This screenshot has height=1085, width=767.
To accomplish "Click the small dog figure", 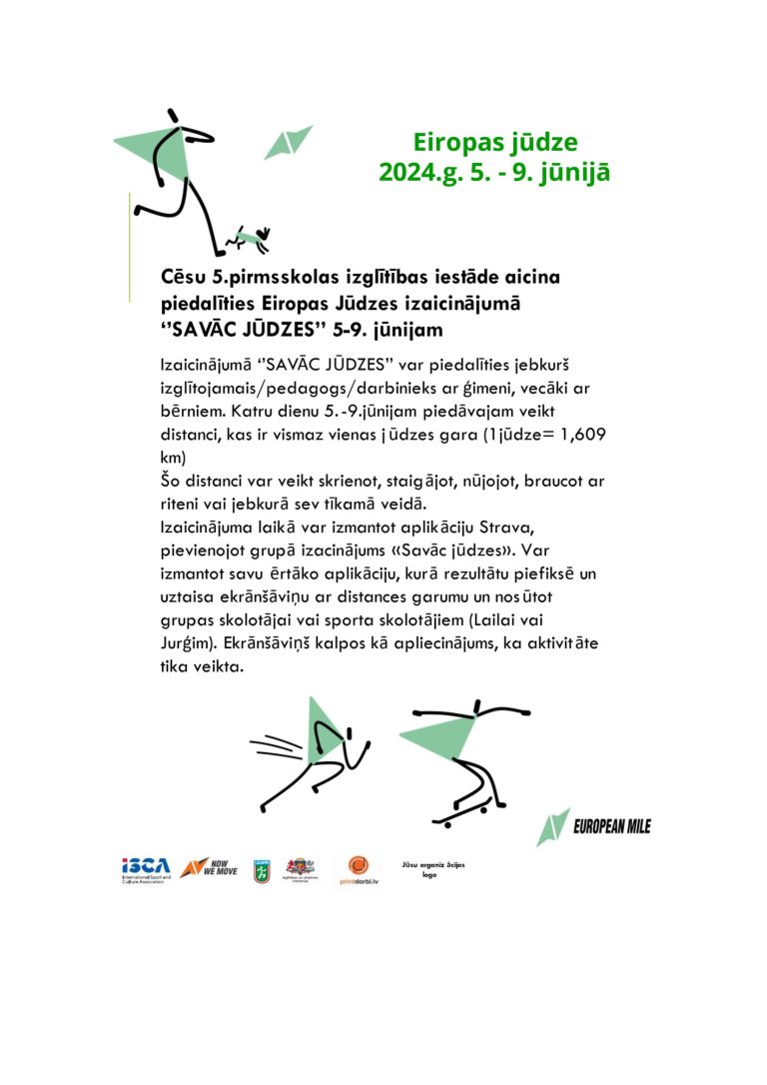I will pos(249,238).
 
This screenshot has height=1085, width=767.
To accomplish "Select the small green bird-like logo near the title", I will pos(288,142).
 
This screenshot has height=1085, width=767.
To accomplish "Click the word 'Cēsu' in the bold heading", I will pos(183,277).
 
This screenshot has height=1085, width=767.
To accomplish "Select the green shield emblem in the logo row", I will pos(260,868).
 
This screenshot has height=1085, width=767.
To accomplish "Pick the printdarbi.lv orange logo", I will pos(360,868).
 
